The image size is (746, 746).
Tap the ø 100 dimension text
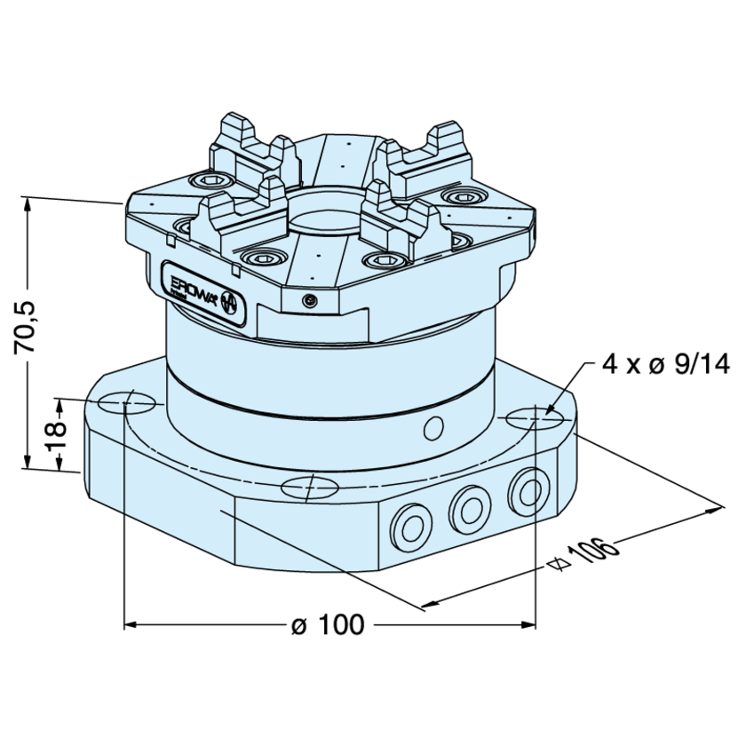(328, 625)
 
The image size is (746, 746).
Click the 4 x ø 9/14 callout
(665, 364)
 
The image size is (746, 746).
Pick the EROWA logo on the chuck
(201, 290)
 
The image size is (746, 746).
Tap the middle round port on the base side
(467, 507)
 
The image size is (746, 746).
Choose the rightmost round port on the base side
(526, 488)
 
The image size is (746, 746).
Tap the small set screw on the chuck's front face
(308, 300)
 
